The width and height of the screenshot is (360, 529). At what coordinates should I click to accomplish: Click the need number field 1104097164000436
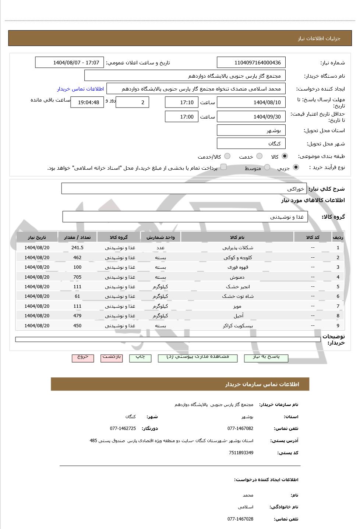pos(251,63)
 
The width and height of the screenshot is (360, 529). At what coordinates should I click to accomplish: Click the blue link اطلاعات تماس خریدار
pos(80,89)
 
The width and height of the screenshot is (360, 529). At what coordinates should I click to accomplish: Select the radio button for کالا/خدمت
pos(227,156)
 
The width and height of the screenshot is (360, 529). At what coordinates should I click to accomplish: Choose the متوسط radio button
pos(267,167)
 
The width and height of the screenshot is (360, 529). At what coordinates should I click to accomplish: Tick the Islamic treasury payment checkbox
pos(223,167)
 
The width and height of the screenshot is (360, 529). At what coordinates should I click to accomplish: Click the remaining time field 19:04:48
pos(87,102)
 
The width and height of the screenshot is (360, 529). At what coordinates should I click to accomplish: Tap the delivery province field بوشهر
pos(251,130)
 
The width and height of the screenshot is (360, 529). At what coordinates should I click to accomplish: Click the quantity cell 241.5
pos(77,248)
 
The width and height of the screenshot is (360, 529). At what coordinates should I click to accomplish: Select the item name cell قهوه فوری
pos(237,267)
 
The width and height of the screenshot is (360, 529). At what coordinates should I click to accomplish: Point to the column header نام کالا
pos(237,237)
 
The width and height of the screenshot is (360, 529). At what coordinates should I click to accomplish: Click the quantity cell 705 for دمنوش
pos(77,277)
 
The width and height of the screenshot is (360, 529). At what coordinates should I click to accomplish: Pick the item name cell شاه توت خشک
pos(237,296)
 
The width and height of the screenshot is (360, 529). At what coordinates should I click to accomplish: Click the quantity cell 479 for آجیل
pos(77,316)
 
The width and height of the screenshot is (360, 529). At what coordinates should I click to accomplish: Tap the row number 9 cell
pos(338,326)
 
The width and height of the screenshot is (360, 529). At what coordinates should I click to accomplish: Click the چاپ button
pos(140,357)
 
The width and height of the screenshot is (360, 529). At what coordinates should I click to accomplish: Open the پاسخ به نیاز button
pos(266,357)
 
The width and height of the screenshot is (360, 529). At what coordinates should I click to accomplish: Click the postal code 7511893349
pos(241,453)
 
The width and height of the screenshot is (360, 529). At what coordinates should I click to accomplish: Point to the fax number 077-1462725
pos(123,429)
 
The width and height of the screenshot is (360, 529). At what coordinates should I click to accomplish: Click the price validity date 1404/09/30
pos(251,117)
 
